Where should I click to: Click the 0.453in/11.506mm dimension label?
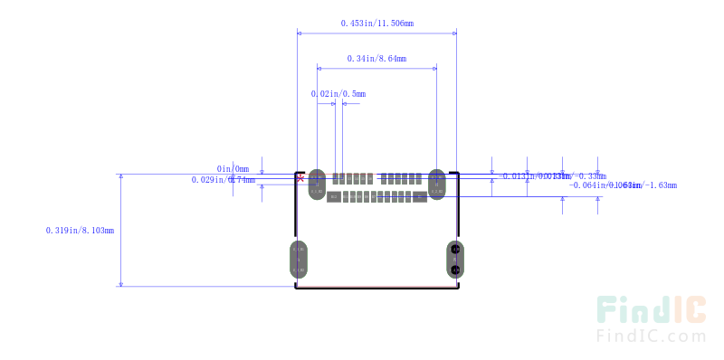coord(376,23)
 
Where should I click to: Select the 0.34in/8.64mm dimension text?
coord(376,59)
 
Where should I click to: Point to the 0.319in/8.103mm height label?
coord(80,231)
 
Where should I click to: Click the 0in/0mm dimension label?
coord(233,168)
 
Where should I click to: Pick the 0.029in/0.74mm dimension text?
coord(223,180)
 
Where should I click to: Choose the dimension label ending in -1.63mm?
coord(624,185)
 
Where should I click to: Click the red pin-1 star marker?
coord(300,177)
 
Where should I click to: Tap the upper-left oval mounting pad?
coord(316,184)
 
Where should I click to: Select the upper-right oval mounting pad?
coord(437,184)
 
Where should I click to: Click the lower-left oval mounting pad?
coord(299,260)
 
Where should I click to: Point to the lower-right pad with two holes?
coord(455,260)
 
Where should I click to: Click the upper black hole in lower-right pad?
coord(455,250)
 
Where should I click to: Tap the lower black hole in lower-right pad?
coord(455,270)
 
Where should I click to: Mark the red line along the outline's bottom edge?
coord(376,288)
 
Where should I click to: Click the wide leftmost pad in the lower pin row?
coord(334,196)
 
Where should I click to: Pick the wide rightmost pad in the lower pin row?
coord(419,196)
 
